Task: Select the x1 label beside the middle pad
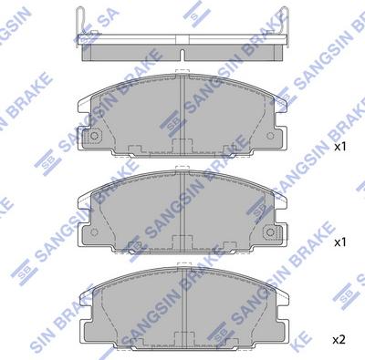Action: click(x=340, y=243)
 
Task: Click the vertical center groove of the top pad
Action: click(x=185, y=114)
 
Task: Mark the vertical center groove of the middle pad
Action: click(x=185, y=210)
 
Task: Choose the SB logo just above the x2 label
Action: click(x=342, y=296)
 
